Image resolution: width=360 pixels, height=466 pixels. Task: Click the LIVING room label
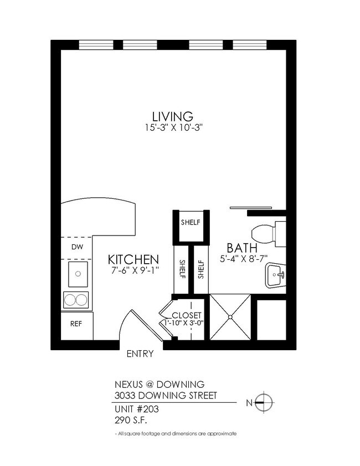173,116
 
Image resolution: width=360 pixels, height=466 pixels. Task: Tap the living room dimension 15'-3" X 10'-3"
173,127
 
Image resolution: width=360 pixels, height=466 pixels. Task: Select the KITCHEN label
133,259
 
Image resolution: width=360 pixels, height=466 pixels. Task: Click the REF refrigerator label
76,323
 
